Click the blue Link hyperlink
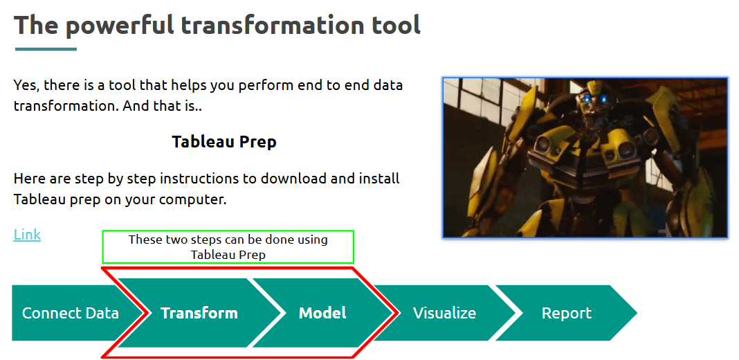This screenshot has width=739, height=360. tap(27, 235)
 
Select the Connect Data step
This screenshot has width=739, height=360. tap(71, 313)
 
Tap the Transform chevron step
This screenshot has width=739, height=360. tap(199, 313)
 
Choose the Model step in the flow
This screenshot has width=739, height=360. tap(322, 313)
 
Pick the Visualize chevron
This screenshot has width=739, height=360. tap(444, 313)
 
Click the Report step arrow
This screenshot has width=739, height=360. tap(566, 313)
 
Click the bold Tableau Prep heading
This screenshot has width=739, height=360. tap(224, 141)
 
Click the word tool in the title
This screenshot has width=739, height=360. tap(396, 25)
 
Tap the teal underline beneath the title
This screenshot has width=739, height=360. tap(46, 49)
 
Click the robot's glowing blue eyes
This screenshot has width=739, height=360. tap(595, 99)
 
